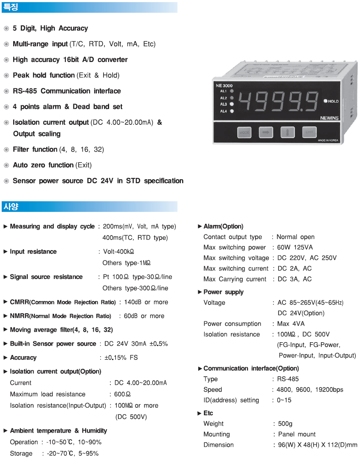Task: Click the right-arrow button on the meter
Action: coord(266,132)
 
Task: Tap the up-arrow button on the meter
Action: coord(288,132)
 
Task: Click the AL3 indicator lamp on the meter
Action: coord(232,104)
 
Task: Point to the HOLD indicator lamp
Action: coord(326,101)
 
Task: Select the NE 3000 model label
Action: coord(224,86)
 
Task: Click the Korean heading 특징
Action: coord(11,7)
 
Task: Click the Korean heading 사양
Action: coord(11,207)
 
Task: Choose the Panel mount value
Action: coord(297,434)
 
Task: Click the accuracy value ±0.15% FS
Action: coord(121,358)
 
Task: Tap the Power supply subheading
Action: coord(223,292)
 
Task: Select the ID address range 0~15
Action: coord(284,400)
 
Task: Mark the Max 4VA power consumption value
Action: coord(291,324)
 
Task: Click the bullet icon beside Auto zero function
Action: coord(6,165)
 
